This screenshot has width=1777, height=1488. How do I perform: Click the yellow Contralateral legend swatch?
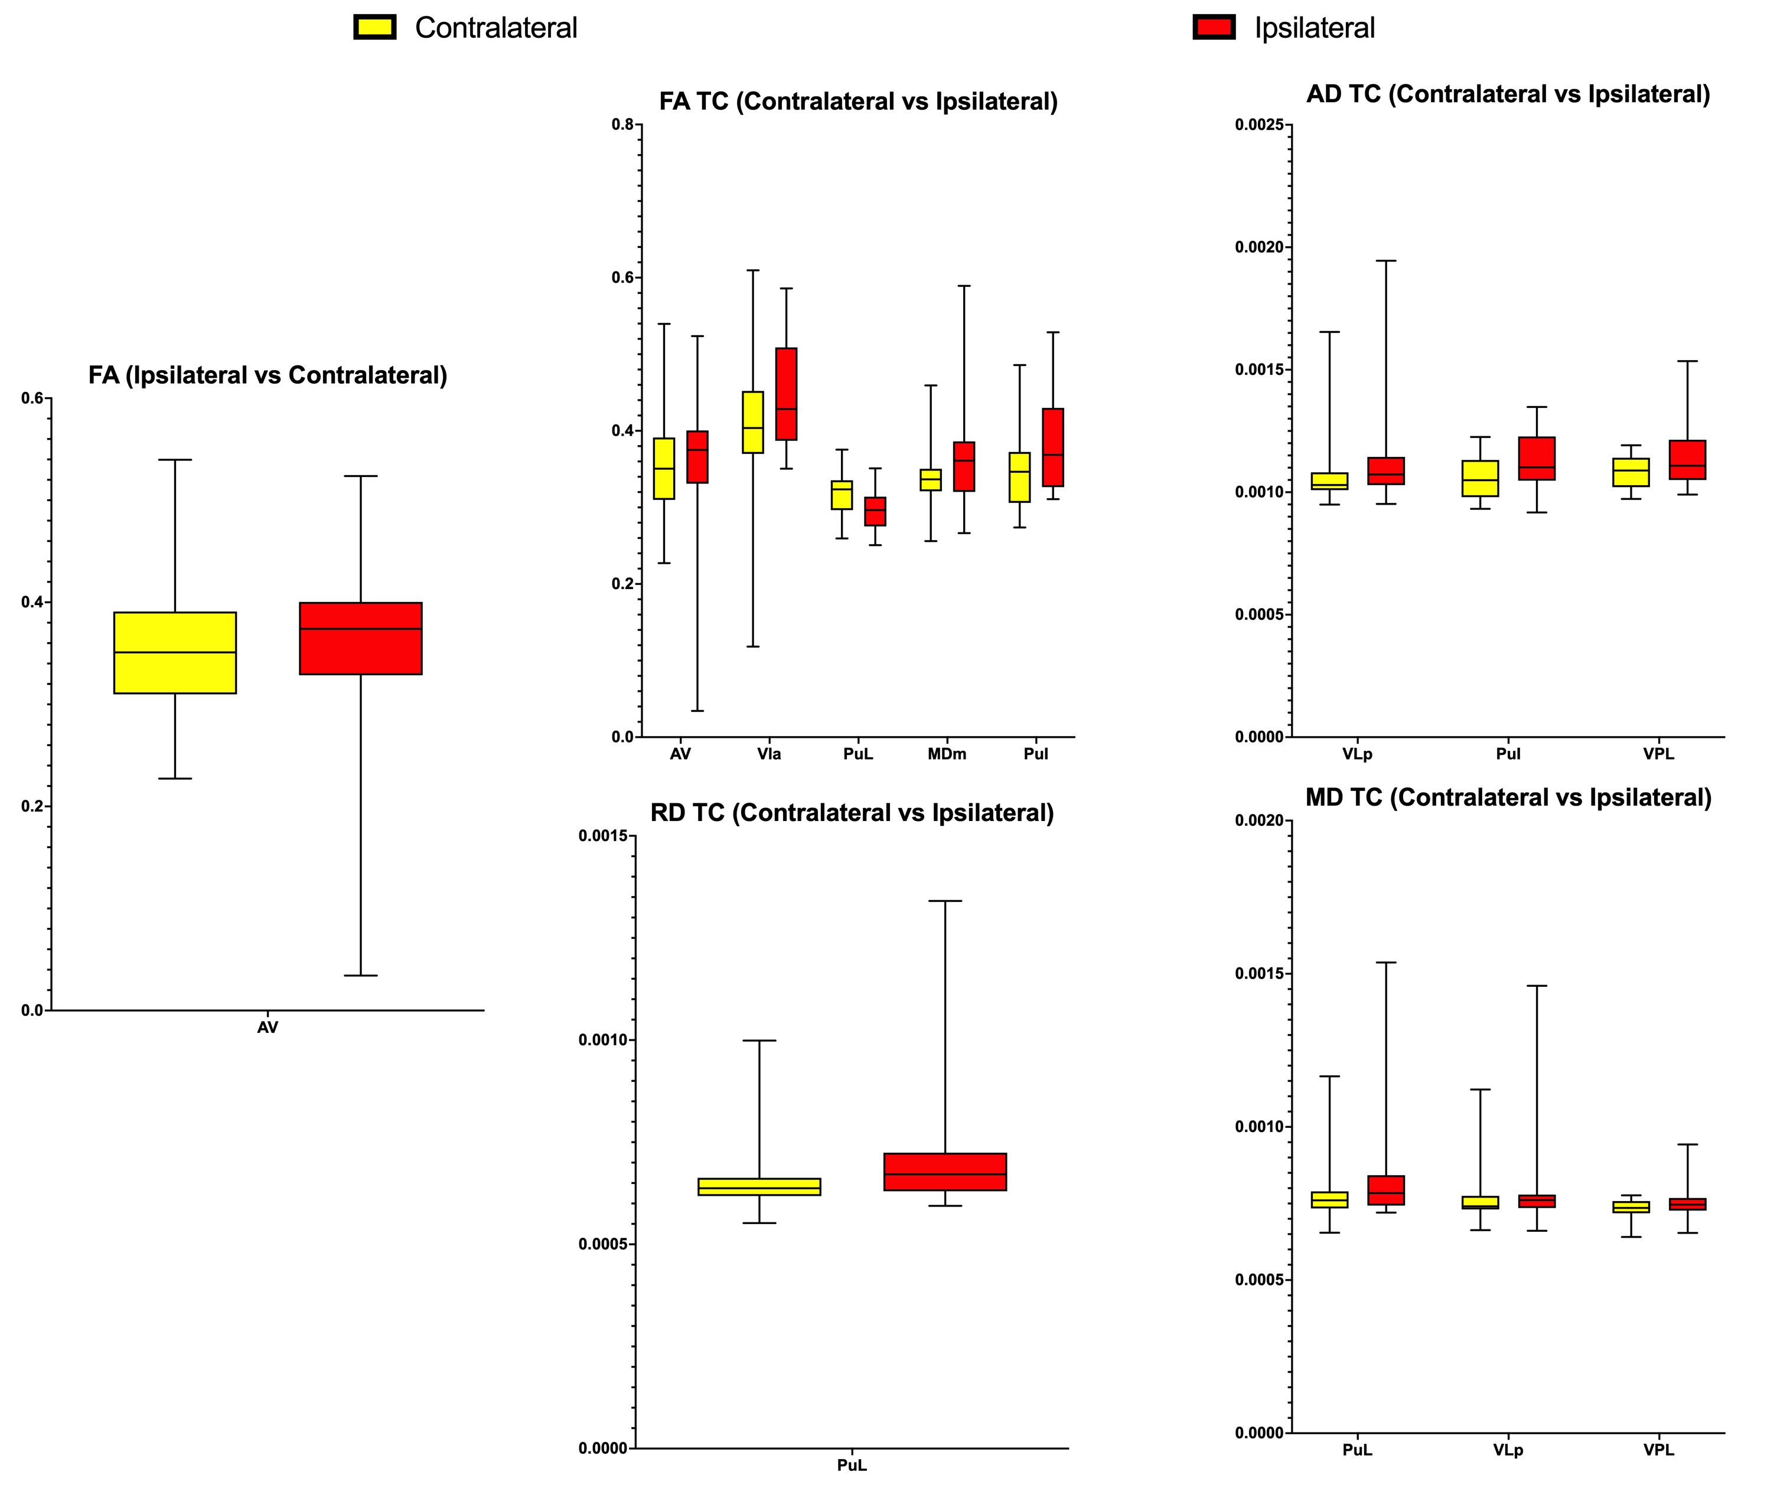tap(374, 28)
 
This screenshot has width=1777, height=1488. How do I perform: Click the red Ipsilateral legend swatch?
tap(1214, 28)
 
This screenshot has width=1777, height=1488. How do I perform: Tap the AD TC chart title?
tap(1508, 94)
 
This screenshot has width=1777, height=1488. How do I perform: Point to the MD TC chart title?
tap(1508, 798)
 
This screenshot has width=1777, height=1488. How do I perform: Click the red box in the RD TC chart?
tap(944, 1172)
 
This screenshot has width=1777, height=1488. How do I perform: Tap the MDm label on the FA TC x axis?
tap(946, 754)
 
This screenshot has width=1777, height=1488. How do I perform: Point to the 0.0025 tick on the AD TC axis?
tap(1263, 125)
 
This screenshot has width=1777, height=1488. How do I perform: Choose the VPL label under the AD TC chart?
tap(1658, 754)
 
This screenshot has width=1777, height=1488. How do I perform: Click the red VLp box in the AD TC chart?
tap(1386, 470)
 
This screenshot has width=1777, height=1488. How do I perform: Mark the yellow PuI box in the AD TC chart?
tap(1480, 478)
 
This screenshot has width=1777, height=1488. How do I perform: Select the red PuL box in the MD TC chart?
tap(1386, 1191)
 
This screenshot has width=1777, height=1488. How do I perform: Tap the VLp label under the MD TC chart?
tap(1508, 1450)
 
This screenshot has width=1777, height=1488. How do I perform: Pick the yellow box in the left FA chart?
tap(175, 652)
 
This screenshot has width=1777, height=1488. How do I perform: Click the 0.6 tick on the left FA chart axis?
tap(32, 398)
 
